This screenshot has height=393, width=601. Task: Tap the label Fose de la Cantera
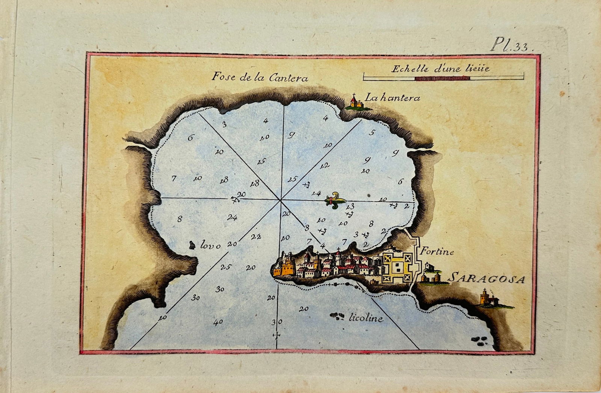pos(260,77)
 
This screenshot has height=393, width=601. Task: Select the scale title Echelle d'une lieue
pos(440,68)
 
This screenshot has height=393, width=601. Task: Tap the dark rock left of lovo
pos(192,245)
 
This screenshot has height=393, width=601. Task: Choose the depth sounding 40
pos(218,322)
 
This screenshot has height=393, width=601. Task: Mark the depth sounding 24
pos(232,217)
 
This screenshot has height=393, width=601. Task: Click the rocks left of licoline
pos(337,317)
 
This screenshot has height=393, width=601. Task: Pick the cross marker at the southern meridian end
pos(277,335)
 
